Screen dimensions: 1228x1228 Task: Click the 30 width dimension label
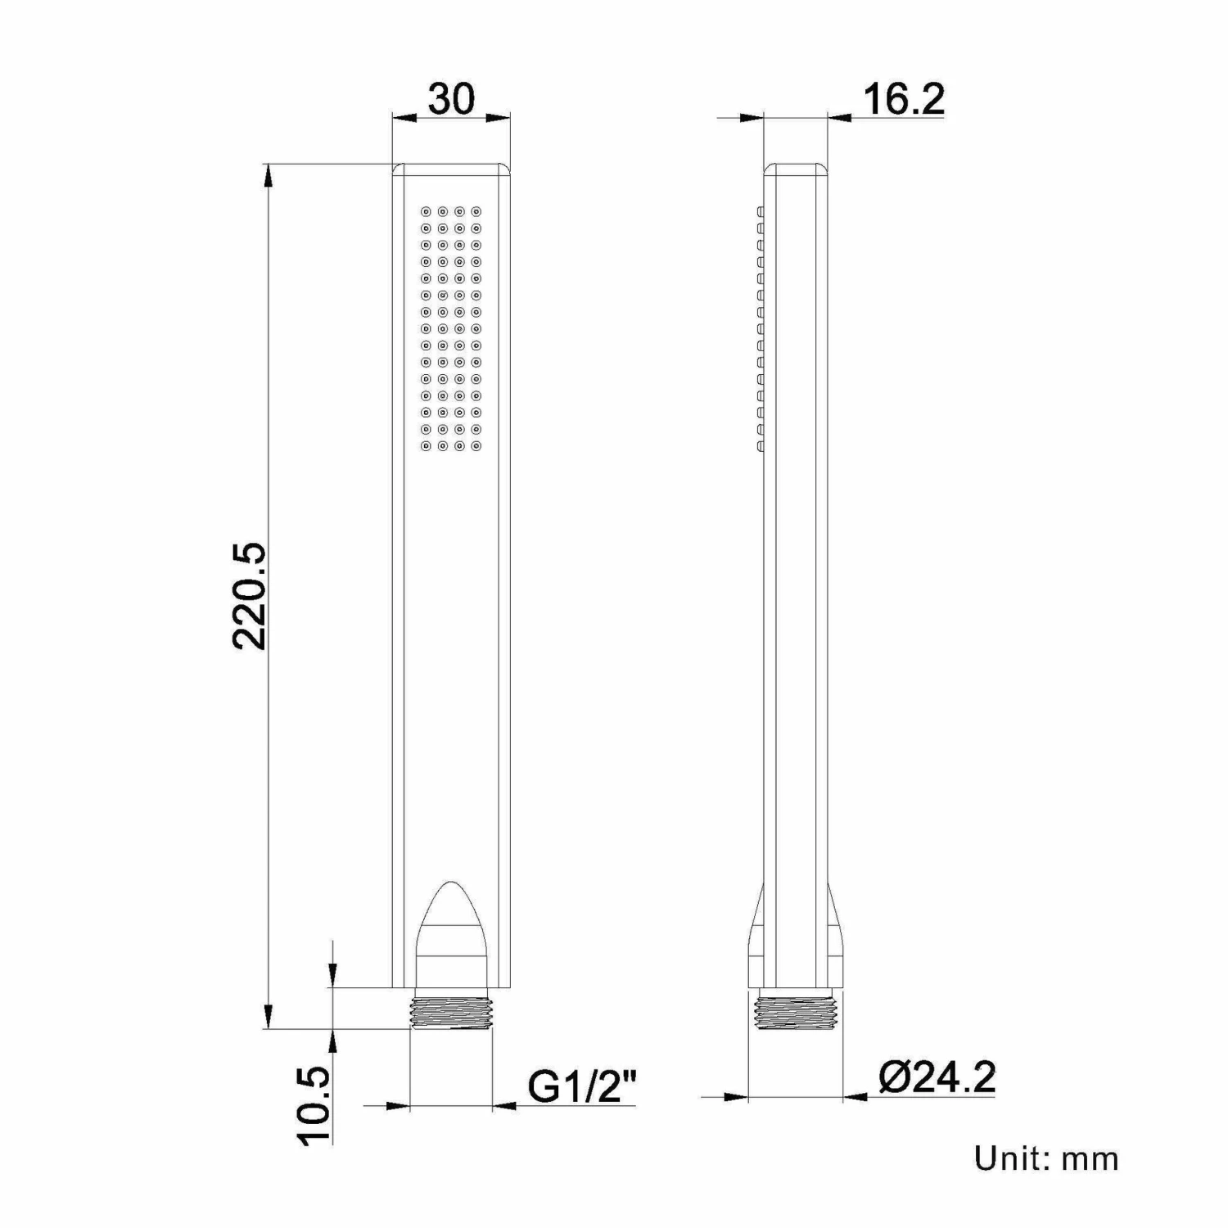coord(451,99)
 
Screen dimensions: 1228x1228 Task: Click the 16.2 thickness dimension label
coord(903,99)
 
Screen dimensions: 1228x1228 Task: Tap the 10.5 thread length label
coord(315,1104)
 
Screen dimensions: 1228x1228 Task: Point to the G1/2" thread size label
coord(582,1087)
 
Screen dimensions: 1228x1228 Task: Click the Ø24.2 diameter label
coord(937,1077)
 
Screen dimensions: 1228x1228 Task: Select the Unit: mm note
coord(1045,1158)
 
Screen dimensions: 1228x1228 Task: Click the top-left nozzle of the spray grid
coord(426,210)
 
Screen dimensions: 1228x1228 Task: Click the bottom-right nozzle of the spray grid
coord(476,446)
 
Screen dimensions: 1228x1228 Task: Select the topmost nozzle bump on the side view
coord(760,211)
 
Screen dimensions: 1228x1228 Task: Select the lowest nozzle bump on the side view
coord(760,446)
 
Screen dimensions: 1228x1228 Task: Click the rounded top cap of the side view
coord(795,169)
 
